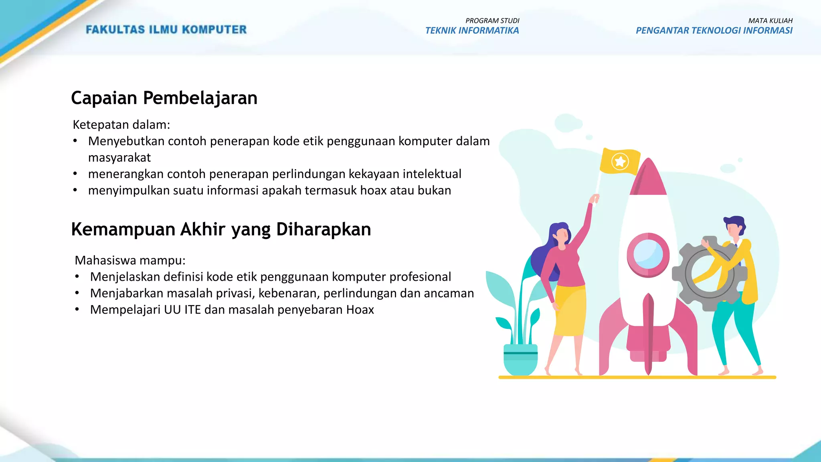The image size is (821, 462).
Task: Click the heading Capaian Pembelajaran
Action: pos(164,98)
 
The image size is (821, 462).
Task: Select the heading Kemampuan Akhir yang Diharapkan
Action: pos(221,230)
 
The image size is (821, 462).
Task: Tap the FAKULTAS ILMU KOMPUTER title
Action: pos(166,30)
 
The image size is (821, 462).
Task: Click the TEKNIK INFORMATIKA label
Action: pos(472,31)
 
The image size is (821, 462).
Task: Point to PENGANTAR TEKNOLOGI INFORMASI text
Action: pos(714,31)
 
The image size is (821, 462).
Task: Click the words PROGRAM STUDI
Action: pos(492,20)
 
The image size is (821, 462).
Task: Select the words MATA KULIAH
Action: pos(770,20)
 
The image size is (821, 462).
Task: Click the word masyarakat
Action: pos(119,158)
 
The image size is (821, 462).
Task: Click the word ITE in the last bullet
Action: pos(192,310)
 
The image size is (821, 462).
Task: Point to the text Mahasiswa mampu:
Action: pos(130,261)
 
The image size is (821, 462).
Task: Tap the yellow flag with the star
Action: pos(620,162)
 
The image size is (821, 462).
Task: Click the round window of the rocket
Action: pos(648,255)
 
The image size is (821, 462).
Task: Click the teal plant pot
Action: pos(520,359)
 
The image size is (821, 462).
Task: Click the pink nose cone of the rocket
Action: pos(648,178)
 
